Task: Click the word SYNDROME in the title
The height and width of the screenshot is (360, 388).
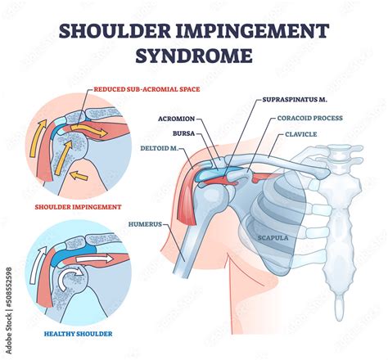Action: click(x=194, y=55)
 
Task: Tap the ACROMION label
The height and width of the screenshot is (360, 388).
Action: click(x=177, y=119)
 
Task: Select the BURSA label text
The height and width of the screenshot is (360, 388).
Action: click(x=184, y=133)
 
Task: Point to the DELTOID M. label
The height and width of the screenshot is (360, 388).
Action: click(x=160, y=148)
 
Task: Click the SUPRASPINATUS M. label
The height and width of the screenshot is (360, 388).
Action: click(x=295, y=100)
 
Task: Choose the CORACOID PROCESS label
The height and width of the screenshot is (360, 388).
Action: click(x=310, y=118)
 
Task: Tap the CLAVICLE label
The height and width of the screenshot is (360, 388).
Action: click(x=301, y=134)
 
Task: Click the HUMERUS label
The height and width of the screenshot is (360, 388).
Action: click(x=145, y=224)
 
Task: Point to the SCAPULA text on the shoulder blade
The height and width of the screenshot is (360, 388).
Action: click(x=273, y=238)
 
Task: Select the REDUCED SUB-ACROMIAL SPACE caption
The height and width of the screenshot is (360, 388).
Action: click(x=147, y=89)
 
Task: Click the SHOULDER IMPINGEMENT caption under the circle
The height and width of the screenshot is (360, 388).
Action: click(x=78, y=207)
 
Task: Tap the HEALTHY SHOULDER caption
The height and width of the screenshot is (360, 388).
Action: click(x=78, y=334)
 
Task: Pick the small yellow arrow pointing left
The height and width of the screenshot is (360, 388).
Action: click(x=79, y=176)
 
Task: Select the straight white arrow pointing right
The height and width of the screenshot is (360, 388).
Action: click(x=95, y=259)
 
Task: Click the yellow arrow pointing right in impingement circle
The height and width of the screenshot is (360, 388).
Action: click(x=88, y=131)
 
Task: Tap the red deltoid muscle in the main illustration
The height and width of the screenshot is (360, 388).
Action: click(x=187, y=199)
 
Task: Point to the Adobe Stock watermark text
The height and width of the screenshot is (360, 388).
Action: click(x=9, y=310)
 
